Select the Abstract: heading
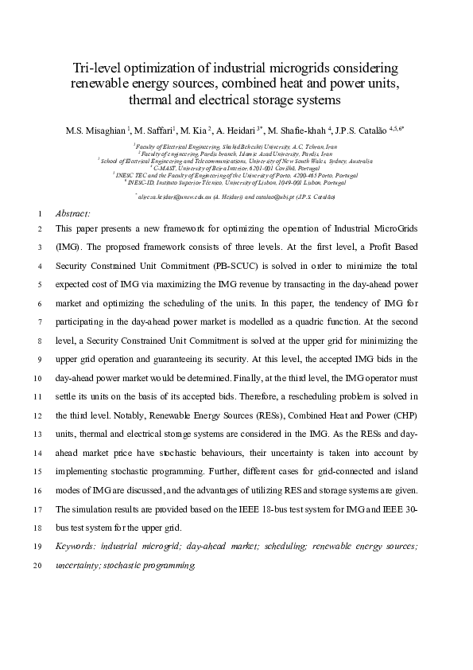(74, 213)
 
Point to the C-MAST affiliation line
(236, 166)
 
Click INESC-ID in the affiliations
(145, 181)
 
